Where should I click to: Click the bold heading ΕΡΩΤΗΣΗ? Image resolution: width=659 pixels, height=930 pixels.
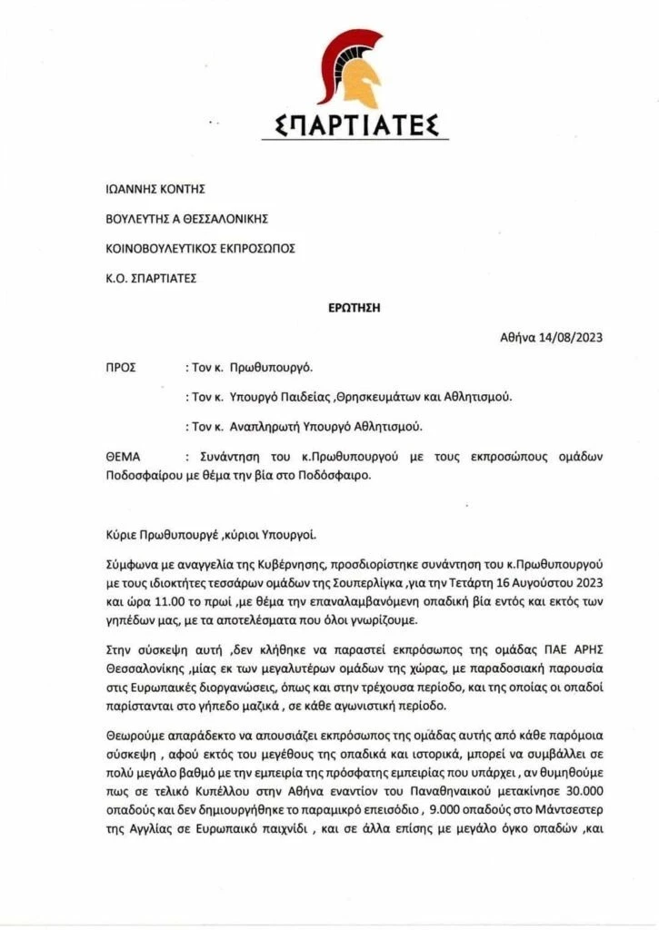tap(354, 308)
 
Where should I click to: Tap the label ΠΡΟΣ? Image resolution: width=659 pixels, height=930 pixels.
tap(122, 368)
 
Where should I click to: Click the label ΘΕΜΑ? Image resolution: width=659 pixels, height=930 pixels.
tap(125, 456)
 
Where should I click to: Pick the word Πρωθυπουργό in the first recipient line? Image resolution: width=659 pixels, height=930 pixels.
tap(271, 368)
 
